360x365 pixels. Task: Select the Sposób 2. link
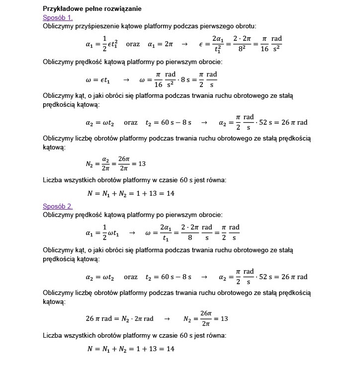point(58,206)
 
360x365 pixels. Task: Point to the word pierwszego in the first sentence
point(223,25)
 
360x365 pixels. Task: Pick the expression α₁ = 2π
point(161,44)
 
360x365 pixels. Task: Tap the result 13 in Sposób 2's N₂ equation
point(224,318)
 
